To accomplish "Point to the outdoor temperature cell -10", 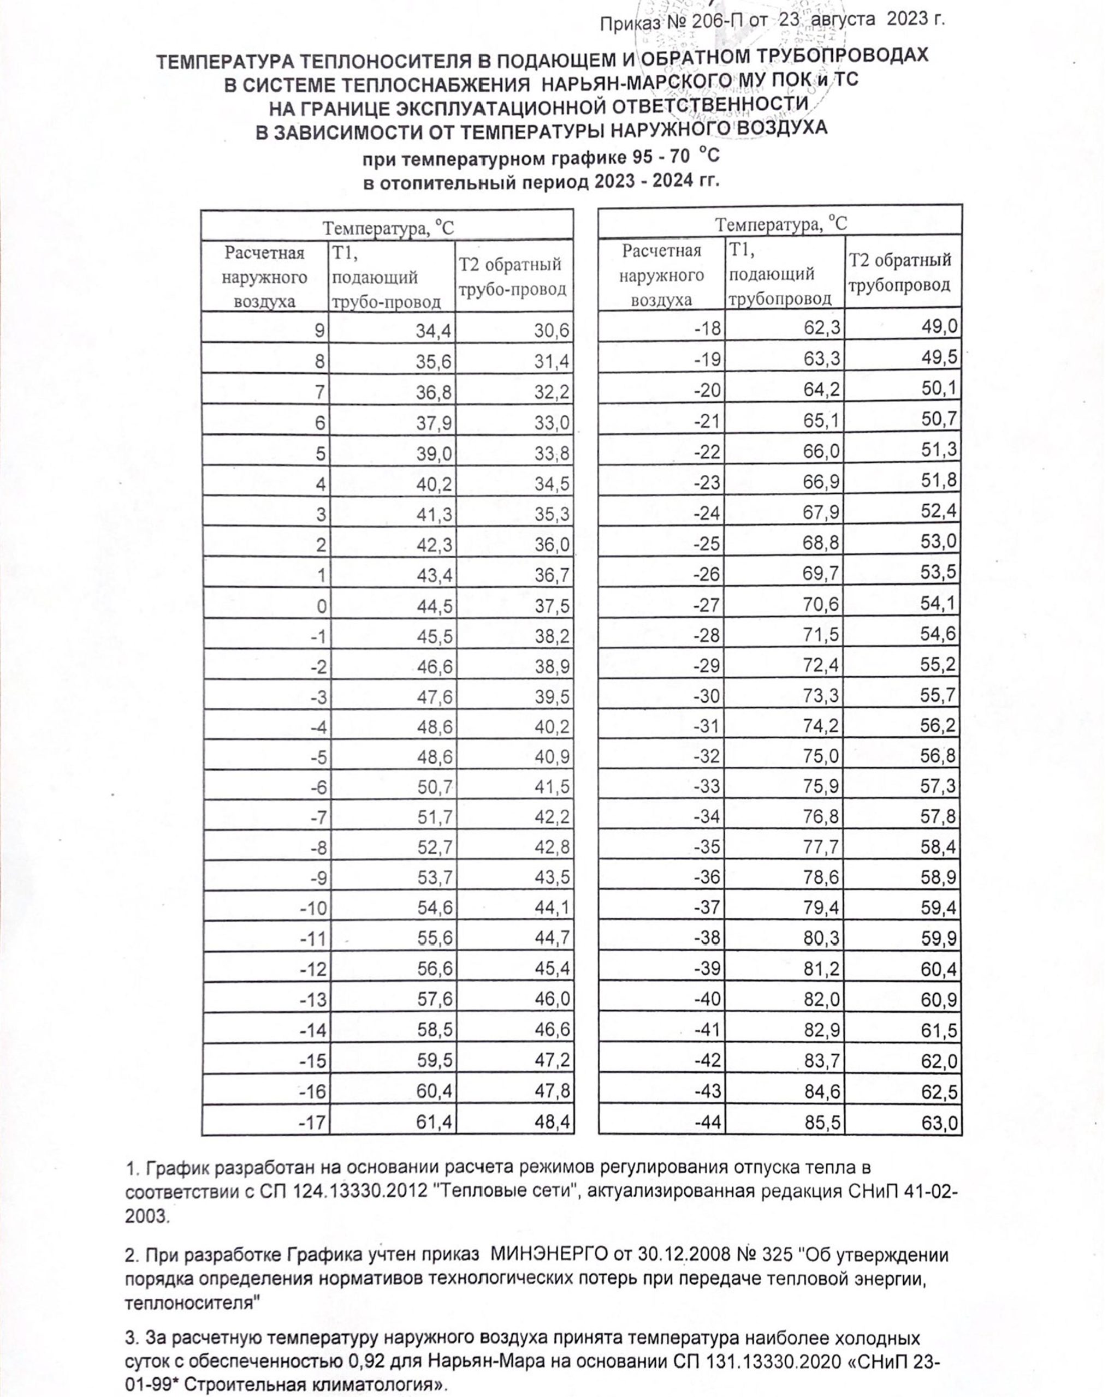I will click(x=313, y=908).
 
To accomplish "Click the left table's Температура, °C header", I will click(x=388, y=229).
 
